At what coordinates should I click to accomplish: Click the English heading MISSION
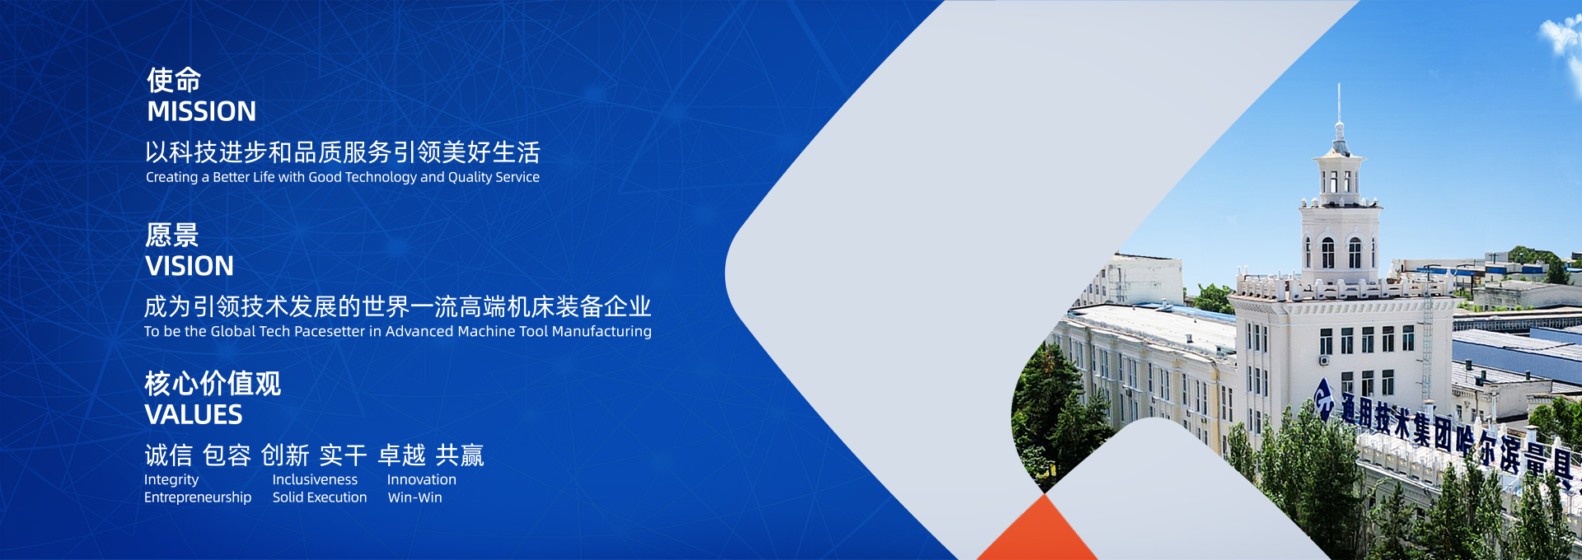[201, 111]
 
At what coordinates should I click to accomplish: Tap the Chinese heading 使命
[174, 80]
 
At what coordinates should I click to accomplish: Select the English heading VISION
[190, 266]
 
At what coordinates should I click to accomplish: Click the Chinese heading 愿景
[172, 235]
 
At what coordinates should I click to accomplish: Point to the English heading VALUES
[194, 414]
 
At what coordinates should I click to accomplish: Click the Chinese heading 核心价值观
[213, 383]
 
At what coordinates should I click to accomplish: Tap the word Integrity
[171, 480]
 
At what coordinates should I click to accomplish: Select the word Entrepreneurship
[198, 497]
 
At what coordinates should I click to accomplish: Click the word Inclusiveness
[315, 479]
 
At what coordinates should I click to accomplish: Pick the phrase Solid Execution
[320, 497]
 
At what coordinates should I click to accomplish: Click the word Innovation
[422, 479]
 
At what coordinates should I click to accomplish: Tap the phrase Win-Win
[415, 497]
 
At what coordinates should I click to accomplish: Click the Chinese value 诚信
[168, 455]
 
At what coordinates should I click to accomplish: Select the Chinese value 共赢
[460, 455]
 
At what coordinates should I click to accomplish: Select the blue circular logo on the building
[1323, 397]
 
